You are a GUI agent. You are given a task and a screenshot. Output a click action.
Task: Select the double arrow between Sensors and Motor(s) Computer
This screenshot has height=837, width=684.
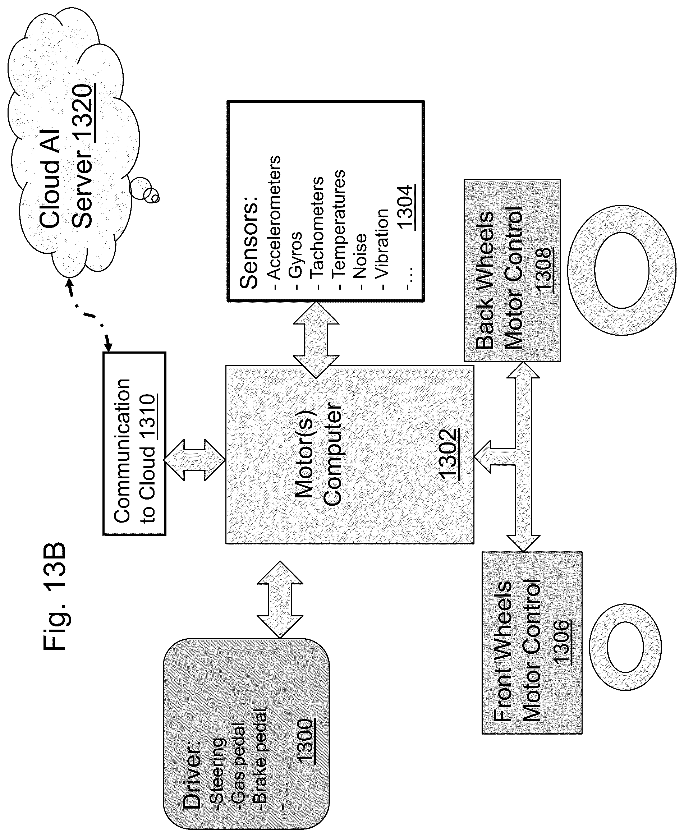tap(316, 340)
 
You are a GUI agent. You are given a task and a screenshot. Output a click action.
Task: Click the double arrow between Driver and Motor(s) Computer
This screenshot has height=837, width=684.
tap(280, 599)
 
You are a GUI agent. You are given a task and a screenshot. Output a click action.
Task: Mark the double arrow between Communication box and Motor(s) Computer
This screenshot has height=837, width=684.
tap(194, 460)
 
